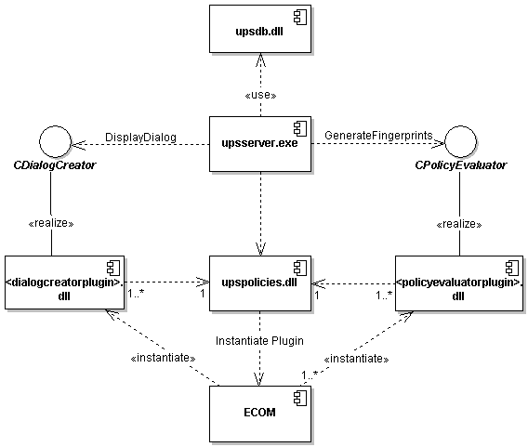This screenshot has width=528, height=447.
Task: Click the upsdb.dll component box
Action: (260, 29)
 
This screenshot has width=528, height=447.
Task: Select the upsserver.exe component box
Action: (260, 144)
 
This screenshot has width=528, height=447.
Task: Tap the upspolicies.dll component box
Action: (260, 283)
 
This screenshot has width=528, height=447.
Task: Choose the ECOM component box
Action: (260, 414)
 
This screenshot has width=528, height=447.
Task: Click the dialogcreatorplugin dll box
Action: (64, 283)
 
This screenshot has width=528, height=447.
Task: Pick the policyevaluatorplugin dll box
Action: (459, 283)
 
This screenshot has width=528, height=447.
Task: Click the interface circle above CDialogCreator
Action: (55, 141)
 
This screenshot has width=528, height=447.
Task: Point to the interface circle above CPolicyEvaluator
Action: (460, 141)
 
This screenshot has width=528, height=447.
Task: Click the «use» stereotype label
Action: (260, 96)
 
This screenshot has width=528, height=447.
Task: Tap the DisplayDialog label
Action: (140, 138)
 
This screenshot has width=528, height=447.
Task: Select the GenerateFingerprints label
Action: (378, 136)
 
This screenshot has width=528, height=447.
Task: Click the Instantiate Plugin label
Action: (259, 341)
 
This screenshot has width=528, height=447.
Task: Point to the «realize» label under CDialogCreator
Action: (51, 223)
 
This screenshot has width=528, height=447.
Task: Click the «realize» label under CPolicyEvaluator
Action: (459, 224)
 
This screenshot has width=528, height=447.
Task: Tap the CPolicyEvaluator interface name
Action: (461, 165)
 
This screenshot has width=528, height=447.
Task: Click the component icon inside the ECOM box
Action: (300, 399)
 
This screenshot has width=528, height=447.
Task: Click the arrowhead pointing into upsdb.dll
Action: (260, 59)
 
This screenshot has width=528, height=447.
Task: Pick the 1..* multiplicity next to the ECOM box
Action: (310, 375)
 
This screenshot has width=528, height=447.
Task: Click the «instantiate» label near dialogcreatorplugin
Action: (163, 358)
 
